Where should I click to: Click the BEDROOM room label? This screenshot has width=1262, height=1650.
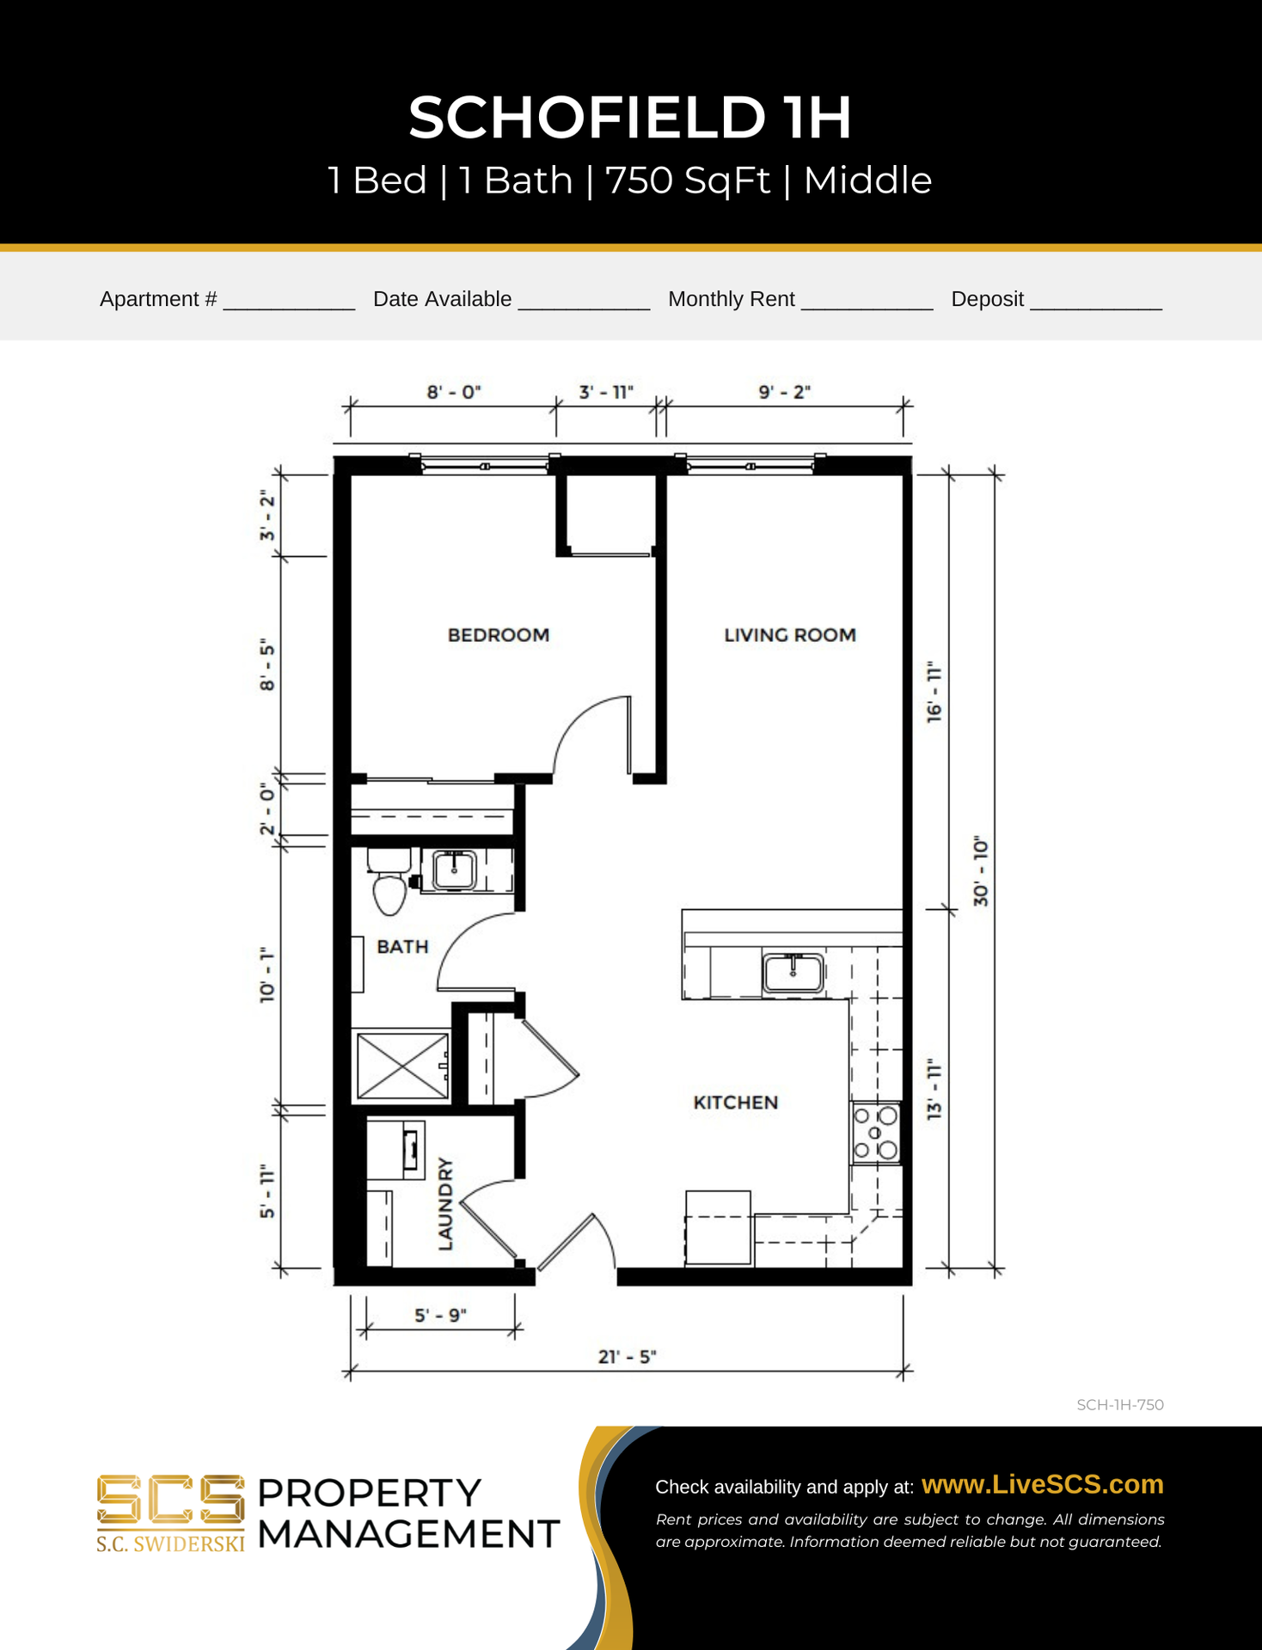coord(499,635)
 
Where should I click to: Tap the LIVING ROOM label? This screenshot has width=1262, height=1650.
coord(790,635)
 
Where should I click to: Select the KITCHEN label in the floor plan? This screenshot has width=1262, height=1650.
coord(736,1103)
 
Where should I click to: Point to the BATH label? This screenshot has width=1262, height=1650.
coord(402,946)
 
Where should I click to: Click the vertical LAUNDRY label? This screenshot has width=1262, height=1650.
coord(445,1203)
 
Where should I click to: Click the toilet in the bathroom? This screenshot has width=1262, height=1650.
coord(389,880)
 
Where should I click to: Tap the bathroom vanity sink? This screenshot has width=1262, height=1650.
coord(454,870)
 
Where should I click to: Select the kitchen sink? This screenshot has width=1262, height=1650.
coord(793,973)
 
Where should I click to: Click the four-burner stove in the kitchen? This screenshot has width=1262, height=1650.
coord(876,1133)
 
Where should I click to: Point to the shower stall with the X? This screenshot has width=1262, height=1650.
coord(402,1066)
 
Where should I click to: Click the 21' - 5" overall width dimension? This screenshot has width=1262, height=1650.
coord(627,1357)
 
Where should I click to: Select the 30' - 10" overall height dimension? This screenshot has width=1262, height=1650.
coord(981,871)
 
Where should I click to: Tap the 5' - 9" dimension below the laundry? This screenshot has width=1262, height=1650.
coord(440,1316)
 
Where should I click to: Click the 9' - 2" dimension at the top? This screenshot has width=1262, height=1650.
coord(785,392)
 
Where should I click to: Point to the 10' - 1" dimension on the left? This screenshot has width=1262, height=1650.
coord(267,975)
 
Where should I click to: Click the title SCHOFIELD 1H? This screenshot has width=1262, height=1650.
coord(630,117)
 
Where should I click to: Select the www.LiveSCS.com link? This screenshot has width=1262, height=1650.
coord(1043,1484)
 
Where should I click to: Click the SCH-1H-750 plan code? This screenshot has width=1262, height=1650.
coord(1120,1405)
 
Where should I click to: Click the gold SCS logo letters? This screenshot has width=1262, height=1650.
coord(170,1500)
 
